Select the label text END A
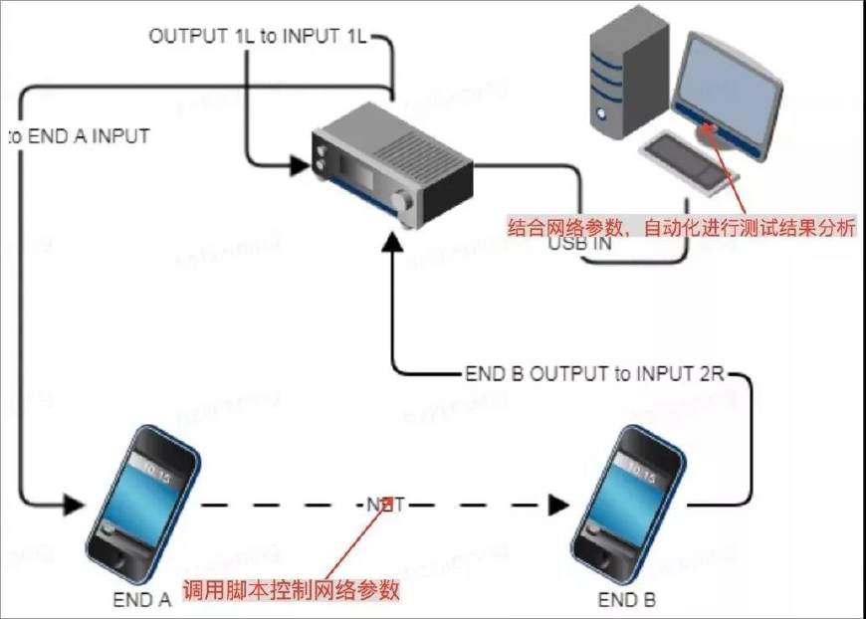tap(142, 600)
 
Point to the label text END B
tap(627, 600)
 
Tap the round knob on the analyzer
tap(406, 203)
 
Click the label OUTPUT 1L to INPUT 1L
tap(258, 37)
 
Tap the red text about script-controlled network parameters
tap(292, 589)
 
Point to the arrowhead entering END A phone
tap(73, 505)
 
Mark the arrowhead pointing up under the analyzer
tap(395, 243)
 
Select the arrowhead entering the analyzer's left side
tap(299, 165)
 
